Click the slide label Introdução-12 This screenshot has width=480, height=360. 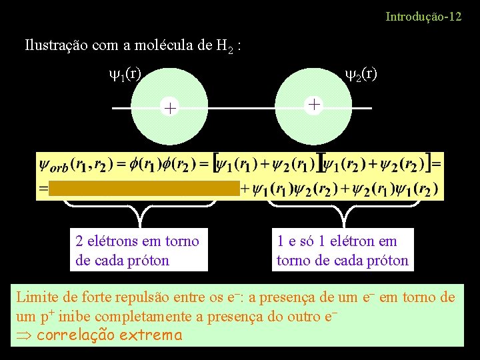(x=423, y=16)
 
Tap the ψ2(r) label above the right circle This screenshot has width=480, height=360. (x=360, y=73)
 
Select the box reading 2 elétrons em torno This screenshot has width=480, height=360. (x=138, y=250)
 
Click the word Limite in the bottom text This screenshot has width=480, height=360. (x=37, y=297)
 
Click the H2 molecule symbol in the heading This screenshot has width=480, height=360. (x=225, y=47)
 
